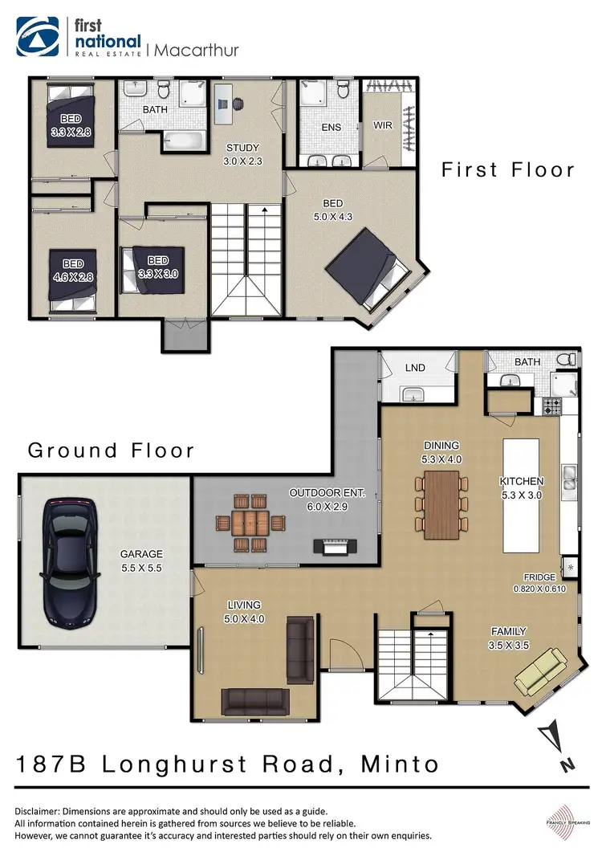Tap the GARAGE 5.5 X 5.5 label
141,561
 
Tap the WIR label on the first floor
382,126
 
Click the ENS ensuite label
331,127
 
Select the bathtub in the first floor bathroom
186,144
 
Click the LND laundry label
415,368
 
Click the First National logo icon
39,38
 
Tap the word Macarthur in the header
195,50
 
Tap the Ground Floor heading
111,450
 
